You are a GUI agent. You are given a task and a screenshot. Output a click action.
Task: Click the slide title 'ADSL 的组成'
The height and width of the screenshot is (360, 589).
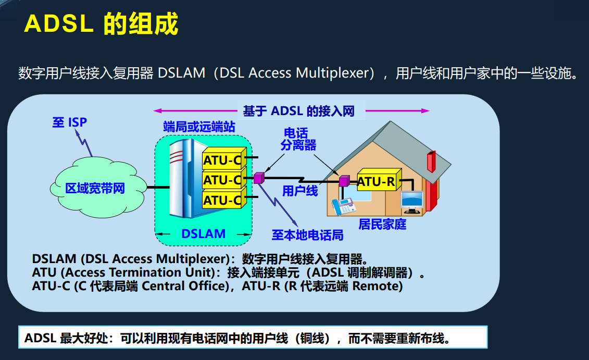(x=102, y=23)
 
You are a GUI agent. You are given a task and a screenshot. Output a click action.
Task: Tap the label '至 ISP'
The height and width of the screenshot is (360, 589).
(x=69, y=122)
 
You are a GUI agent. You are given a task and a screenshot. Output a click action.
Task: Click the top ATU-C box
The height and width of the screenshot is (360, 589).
(x=222, y=160)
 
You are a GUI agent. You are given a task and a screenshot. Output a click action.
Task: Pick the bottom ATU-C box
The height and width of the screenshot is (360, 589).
(x=222, y=200)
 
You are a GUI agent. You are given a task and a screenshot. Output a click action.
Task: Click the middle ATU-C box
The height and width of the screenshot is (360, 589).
(x=222, y=180)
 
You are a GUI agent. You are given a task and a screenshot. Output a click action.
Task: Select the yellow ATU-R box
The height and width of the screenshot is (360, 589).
(x=376, y=182)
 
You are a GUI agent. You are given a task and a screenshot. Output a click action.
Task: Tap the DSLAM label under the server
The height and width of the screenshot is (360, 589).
(x=203, y=234)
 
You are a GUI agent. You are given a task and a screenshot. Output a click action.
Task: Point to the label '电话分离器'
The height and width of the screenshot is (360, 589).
(x=298, y=139)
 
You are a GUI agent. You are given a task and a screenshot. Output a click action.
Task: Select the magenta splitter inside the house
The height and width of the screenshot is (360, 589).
(x=344, y=181)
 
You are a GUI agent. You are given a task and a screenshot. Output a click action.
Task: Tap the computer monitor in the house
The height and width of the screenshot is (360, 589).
(x=412, y=201)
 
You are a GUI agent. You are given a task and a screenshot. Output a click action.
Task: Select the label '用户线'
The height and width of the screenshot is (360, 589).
(x=300, y=191)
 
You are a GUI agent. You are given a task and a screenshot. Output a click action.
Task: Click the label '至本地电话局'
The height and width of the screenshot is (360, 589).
(x=307, y=235)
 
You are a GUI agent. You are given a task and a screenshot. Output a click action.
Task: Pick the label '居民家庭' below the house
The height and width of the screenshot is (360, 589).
(x=382, y=225)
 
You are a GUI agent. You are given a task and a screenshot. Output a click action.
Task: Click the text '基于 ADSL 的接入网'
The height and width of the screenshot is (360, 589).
(x=298, y=110)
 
